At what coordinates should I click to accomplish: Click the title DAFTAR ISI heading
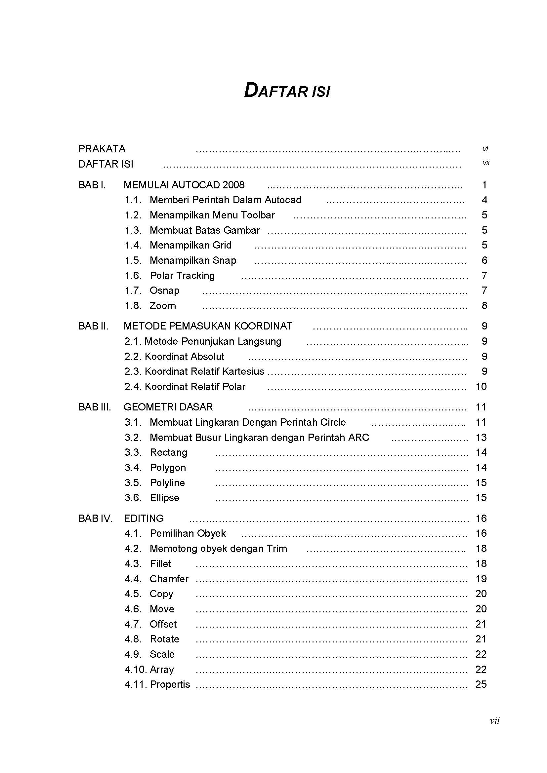point(287,91)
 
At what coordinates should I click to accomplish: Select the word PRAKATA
point(102,149)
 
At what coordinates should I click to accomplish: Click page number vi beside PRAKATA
point(485,149)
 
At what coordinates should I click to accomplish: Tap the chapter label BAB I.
point(92,185)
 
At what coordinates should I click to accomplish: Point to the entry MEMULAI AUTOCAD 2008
point(184,185)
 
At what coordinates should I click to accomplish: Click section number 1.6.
point(133,275)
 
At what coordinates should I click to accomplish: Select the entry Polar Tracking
point(182,275)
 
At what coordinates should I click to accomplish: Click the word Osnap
point(164,290)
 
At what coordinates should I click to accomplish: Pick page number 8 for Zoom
point(484,305)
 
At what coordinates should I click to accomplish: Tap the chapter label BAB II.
point(93,326)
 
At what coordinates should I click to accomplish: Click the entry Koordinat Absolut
point(185,356)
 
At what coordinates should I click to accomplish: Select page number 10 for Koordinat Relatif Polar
point(481,387)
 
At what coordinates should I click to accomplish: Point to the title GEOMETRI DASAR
point(168,407)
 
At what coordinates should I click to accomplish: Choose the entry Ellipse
point(164,498)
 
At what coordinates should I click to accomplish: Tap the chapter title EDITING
point(144,518)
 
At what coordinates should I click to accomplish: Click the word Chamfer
point(169,579)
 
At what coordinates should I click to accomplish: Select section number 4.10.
point(135,669)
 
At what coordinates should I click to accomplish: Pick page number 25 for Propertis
point(481,684)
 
